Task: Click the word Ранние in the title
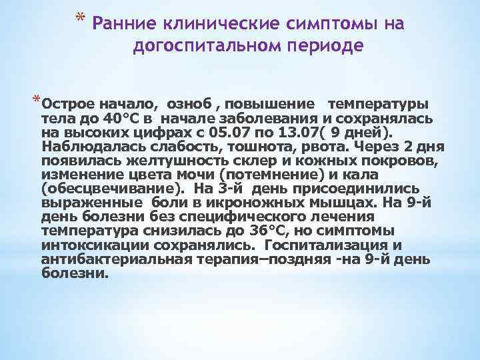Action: (x=124, y=25)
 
